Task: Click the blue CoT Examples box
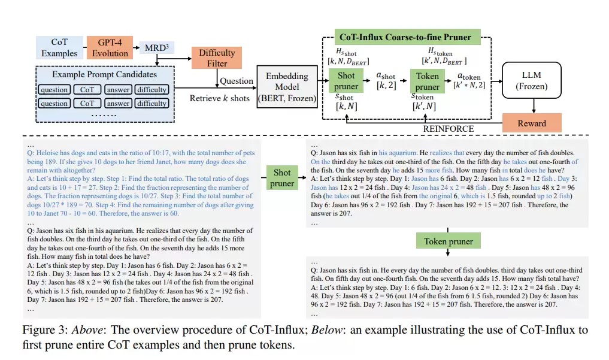coord(59,47)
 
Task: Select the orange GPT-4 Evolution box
coord(110,47)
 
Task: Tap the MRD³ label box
coord(156,48)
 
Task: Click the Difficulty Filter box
coord(217,58)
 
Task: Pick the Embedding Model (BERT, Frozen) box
coord(287,87)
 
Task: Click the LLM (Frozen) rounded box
coord(531,80)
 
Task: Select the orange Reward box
coord(532,123)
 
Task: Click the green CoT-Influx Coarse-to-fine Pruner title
coord(405,37)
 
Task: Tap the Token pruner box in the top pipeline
coord(427,81)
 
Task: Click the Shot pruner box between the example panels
coord(282,177)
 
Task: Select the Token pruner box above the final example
coord(448,241)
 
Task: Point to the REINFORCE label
coord(448,129)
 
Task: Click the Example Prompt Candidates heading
coord(104,74)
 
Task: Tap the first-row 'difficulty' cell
coord(152,90)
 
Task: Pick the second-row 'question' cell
coord(54,103)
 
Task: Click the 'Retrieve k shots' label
coord(219,98)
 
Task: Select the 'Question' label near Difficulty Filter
coord(236,81)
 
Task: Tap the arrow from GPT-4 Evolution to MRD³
coord(136,48)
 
